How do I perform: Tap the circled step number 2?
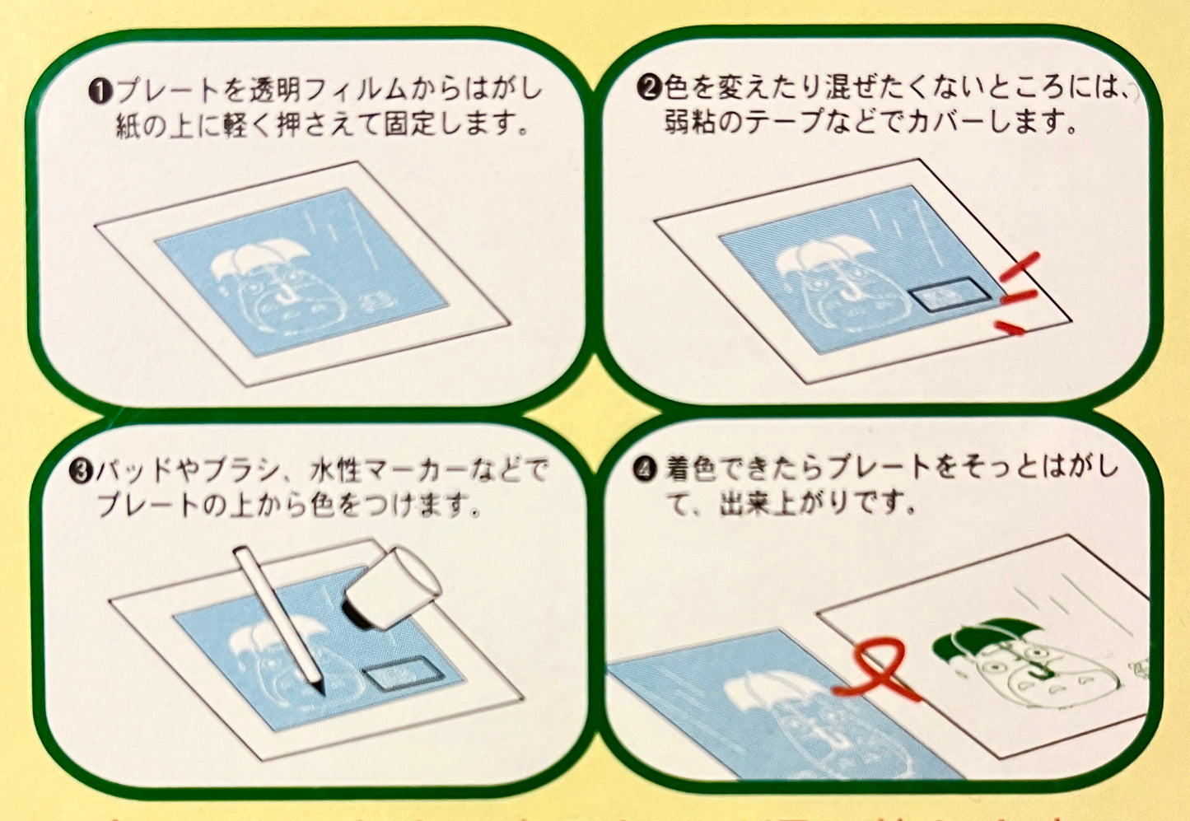649,88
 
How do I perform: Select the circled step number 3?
82,471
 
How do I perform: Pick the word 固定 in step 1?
411,128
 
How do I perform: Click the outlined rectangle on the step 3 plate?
404,674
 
